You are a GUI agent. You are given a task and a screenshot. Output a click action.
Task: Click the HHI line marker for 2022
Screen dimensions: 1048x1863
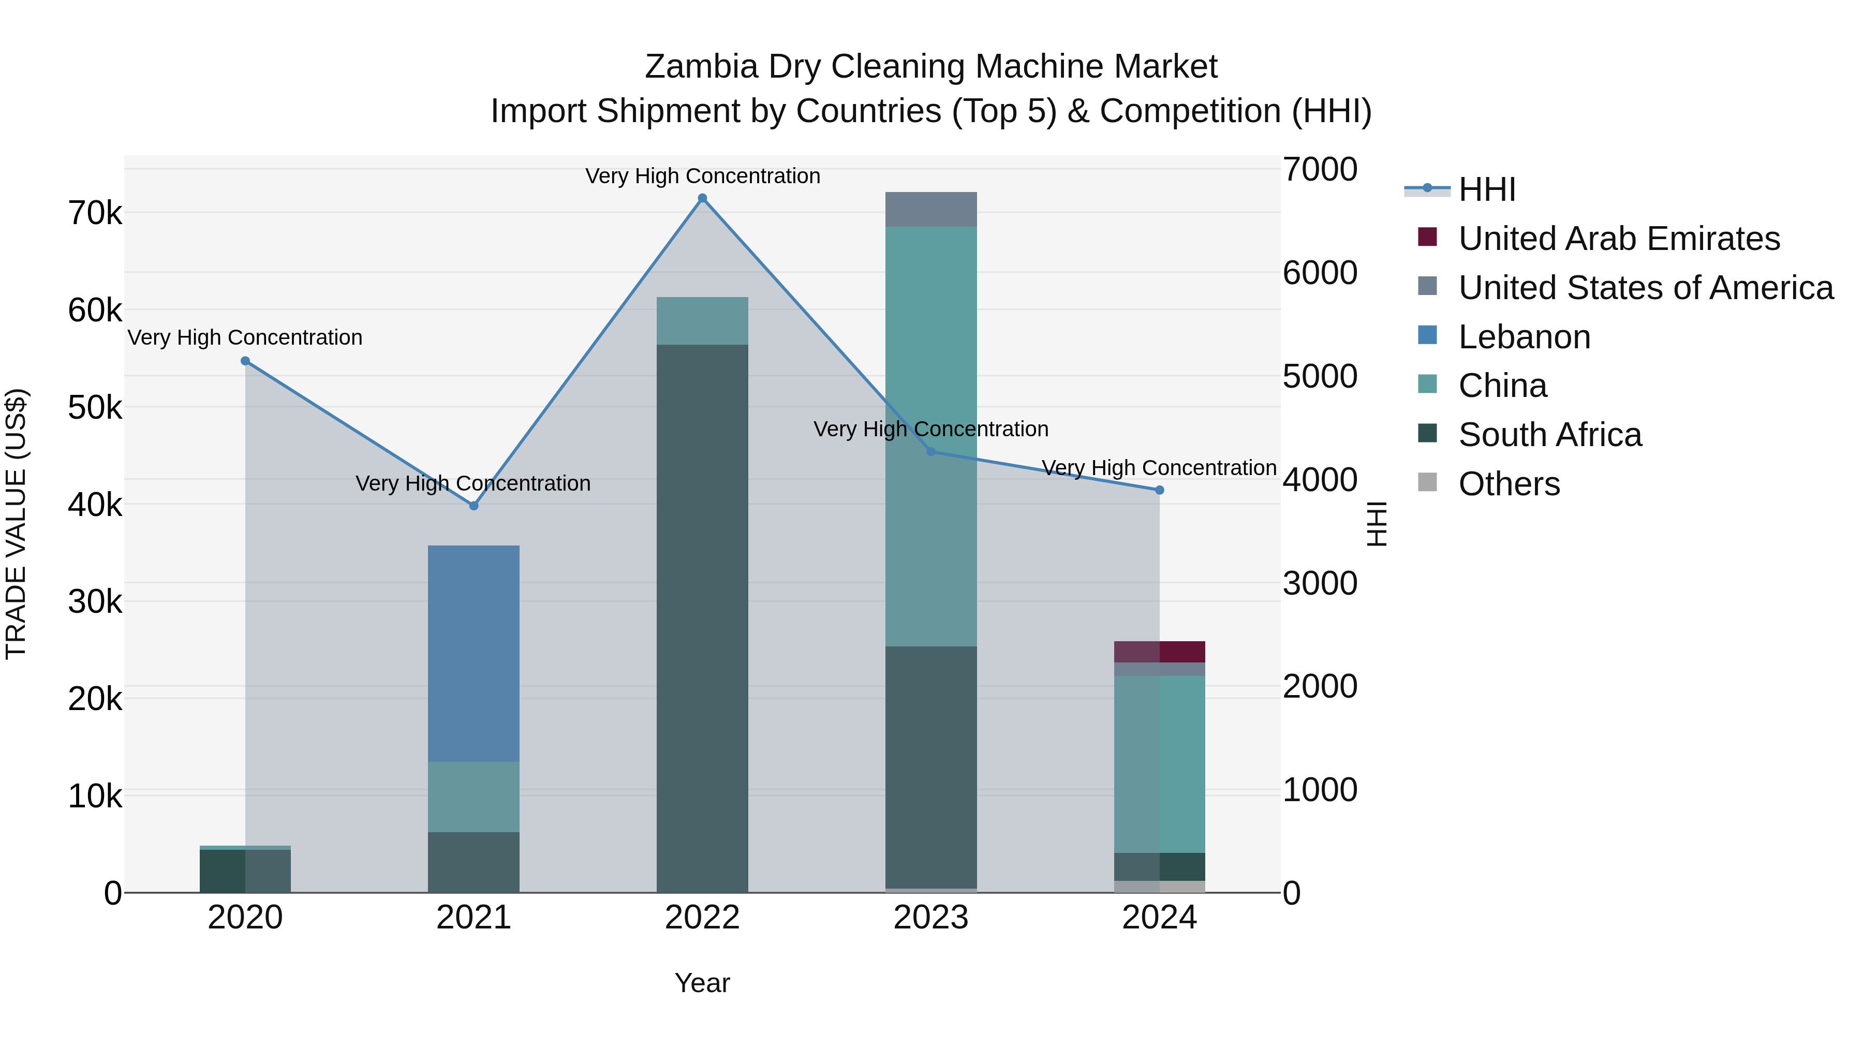(702, 198)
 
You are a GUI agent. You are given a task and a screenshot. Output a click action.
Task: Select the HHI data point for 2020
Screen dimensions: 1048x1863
(245, 361)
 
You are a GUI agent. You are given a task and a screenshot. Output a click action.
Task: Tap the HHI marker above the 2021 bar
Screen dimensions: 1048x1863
(474, 506)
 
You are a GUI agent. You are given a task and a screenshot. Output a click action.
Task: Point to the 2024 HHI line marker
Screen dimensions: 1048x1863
(1159, 491)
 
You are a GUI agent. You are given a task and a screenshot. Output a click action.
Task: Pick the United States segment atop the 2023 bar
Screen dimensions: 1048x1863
(931, 210)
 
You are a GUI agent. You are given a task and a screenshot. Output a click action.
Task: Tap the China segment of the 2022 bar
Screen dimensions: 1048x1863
(702, 320)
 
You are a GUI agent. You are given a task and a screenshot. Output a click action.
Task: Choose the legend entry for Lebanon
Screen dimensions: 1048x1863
(1524, 337)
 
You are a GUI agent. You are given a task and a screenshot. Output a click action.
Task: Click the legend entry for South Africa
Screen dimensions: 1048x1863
(1549, 435)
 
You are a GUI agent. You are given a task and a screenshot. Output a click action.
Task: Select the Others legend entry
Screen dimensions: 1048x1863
(1509, 484)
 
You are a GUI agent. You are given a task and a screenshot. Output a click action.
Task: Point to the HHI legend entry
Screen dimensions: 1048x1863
(1486, 189)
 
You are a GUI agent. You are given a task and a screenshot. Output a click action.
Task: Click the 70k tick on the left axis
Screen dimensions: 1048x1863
(95, 213)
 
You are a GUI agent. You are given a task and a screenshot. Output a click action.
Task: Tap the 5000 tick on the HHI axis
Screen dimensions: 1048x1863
(1320, 376)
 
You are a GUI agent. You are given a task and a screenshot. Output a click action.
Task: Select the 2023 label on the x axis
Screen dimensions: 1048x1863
(931, 918)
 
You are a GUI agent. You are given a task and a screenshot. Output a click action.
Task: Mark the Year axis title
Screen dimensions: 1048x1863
(702, 983)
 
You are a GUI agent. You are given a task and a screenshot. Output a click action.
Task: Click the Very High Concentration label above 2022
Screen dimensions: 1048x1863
(702, 176)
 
